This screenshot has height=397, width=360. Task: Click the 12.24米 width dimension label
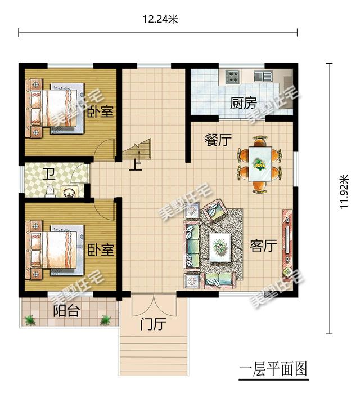(x=160, y=19)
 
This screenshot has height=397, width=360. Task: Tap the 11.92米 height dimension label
(x=345, y=191)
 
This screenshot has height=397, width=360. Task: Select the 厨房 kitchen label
(x=244, y=103)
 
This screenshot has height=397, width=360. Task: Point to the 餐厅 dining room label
(x=218, y=140)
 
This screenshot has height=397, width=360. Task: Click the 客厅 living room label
(x=263, y=246)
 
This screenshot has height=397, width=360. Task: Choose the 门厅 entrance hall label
(x=154, y=324)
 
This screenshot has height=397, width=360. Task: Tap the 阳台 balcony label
(x=67, y=311)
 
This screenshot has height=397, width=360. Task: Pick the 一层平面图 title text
(x=273, y=369)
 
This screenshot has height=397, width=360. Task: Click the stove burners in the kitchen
(x=232, y=76)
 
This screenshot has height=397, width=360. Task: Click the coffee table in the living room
(x=219, y=247)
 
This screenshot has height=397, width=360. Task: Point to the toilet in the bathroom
(x=50, y=191)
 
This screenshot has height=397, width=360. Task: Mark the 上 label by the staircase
(x=136, y=166)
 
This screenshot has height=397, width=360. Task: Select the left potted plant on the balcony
(x=30, y=320)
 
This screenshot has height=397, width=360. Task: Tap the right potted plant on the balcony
(x=105, y=320)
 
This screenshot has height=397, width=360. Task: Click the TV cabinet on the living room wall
(x=287, y=244)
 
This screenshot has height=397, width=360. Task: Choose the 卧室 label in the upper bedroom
(x=101, y=111)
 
